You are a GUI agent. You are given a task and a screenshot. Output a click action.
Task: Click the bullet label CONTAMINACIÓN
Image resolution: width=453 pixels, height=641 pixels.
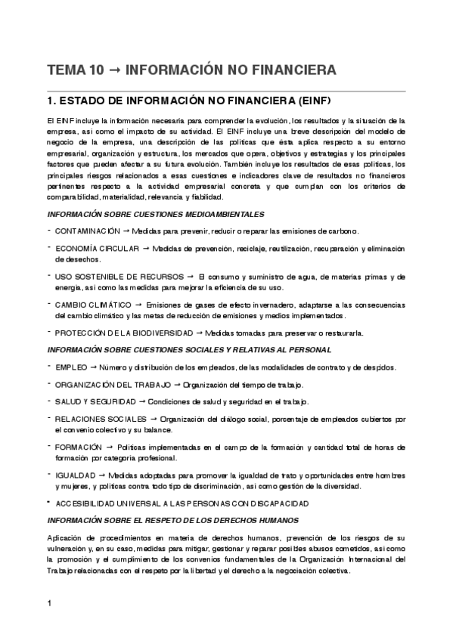click(x=88, y=231)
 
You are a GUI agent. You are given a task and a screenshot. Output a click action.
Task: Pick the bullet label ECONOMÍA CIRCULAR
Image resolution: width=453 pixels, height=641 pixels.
click(x=97, y=248)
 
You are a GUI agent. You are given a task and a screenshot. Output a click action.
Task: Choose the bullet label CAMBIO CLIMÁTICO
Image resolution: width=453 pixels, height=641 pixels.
click(x=93, y=305)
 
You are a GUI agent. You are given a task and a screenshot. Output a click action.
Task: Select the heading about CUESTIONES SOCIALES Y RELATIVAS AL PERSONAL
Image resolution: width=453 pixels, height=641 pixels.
click(x=189, y=350)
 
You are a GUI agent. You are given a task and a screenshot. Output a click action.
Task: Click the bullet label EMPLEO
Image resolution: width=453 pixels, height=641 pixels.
click(x=71, y=367)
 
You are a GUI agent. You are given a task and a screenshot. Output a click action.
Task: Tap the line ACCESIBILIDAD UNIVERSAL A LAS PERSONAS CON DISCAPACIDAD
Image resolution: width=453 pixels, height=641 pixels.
click(x=182, y=503)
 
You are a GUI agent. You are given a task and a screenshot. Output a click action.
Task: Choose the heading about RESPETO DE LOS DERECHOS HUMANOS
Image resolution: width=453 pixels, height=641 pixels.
click(x=173, y=520)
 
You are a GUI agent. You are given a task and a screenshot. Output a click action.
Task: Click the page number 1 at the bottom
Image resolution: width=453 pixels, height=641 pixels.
click(x=49, y=602)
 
